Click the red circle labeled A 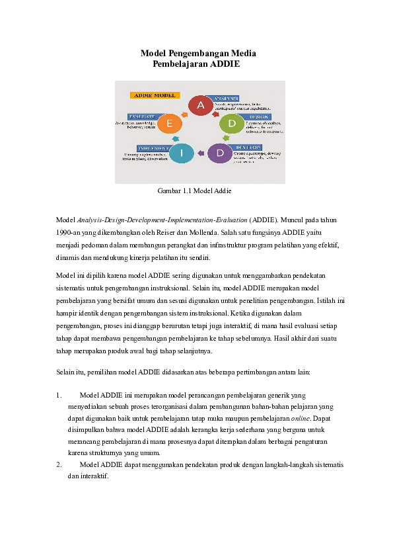tap(201, 105)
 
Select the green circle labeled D tap(231, 123)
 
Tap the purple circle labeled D tap(219, 153)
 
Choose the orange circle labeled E tap(170, 123)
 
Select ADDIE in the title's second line tap(225, 64)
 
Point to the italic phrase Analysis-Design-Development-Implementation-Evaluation tap(162, 220)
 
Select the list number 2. tap(59, 464)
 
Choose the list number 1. tap(59, 395)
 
